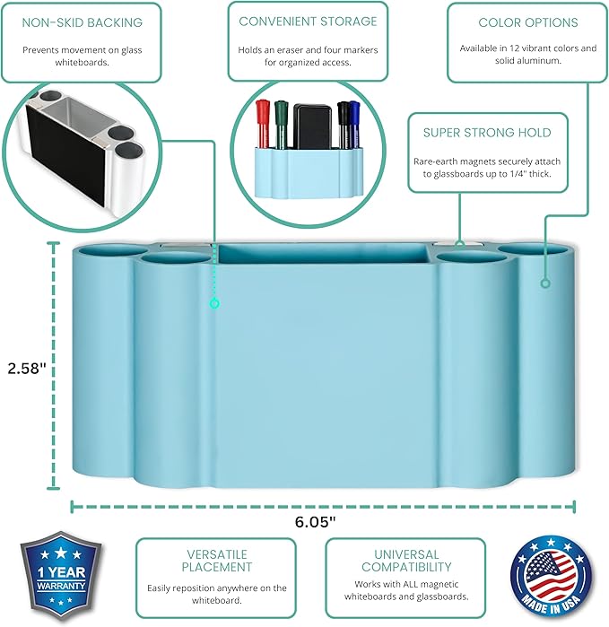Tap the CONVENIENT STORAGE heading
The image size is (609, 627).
(308, 21)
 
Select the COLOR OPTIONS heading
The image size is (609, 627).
(527, 22)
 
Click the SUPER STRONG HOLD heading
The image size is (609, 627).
(487, 133)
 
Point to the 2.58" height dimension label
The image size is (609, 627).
(26, 368)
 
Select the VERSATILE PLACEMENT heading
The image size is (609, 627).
(215, 561)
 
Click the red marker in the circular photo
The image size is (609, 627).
(264, 120)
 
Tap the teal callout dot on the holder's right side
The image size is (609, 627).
(544, 283)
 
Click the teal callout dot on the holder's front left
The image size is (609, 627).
(213, 304)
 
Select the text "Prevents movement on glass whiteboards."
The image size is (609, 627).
(82, 57)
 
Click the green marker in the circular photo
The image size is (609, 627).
(281, 120)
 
